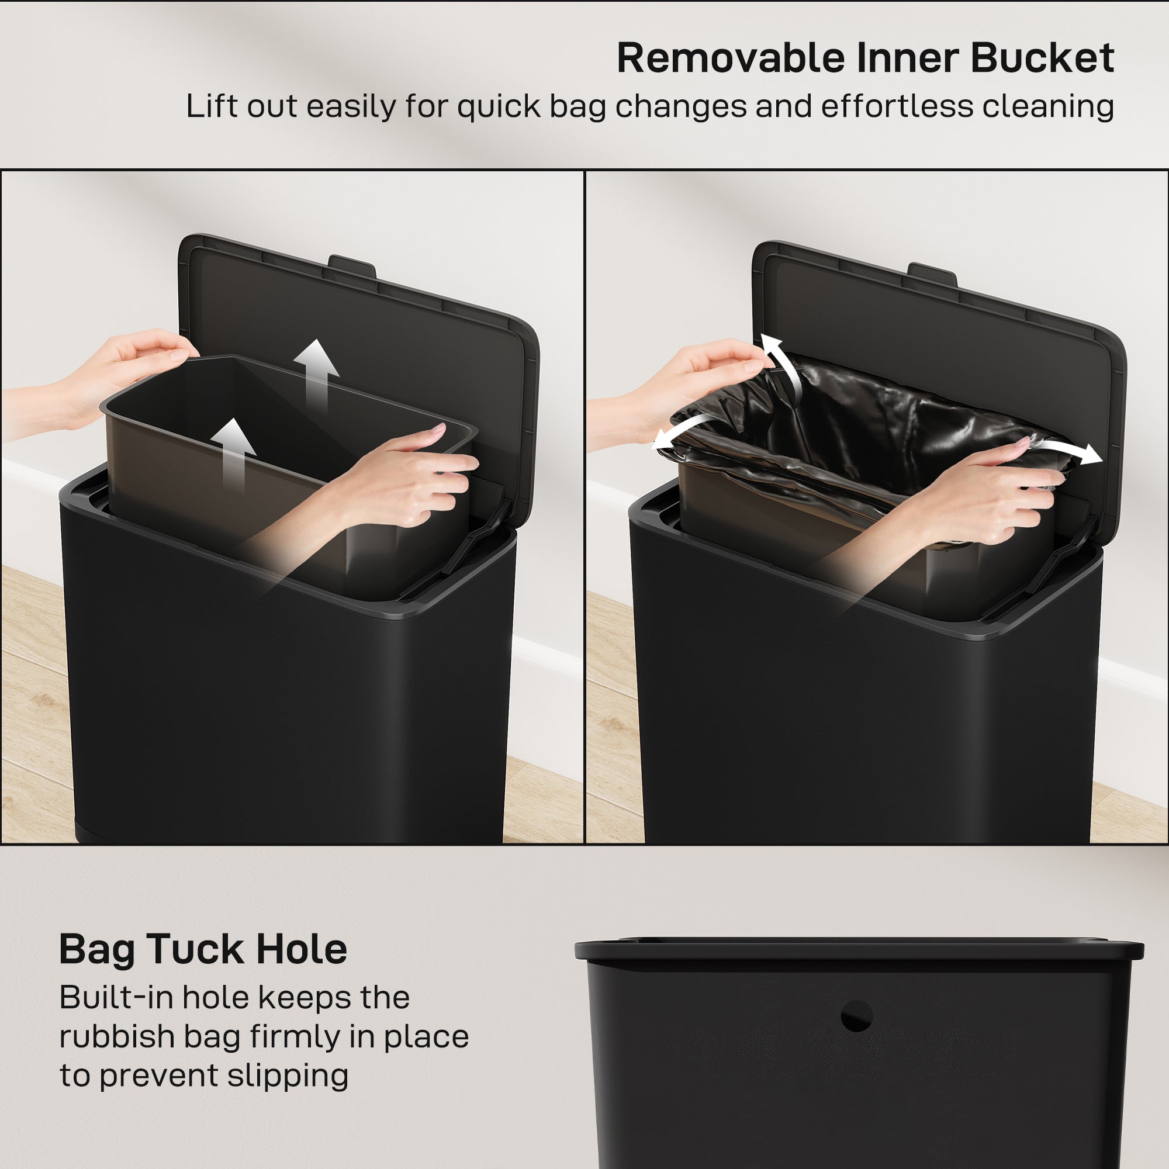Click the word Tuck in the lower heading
pyautogui.click(x=196, y=949)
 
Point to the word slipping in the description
pyautogui.click(x=288, y=1076)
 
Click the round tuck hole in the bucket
pyautogui.click(x=856, y=1016)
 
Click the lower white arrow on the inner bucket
pyautogui.click(x=236, y=451)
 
